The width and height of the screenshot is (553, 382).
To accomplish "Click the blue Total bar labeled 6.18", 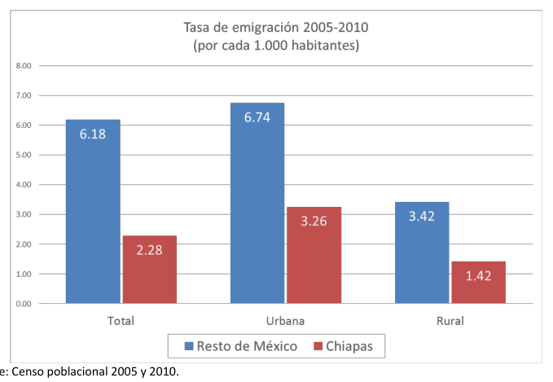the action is click(93, 211).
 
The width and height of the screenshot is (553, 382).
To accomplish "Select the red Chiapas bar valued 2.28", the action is click(150, 270).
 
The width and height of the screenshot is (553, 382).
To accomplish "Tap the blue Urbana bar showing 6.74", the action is click(257, 203).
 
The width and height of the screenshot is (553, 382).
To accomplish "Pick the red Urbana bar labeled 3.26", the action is click(314, 255).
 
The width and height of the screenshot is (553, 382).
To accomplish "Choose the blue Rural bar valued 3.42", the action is click(422, 252).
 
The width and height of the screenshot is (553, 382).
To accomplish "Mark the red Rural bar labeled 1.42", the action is click(479, 282).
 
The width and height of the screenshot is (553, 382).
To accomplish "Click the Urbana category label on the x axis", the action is click(285, 321).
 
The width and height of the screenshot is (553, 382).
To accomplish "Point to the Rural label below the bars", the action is click(450, 321).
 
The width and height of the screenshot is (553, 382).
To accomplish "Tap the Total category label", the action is click(121, 321).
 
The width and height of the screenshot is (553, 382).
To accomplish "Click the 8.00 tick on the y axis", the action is click(24, 66).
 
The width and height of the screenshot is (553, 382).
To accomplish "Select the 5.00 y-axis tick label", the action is click(24, 155).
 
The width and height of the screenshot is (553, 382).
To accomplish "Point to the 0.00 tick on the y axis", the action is click(24, 304).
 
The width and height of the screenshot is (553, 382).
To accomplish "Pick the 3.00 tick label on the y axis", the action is click(24, 214).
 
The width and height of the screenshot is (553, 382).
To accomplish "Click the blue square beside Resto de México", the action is click(189, 346).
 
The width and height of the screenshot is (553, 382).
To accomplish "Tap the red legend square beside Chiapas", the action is click(318, 346).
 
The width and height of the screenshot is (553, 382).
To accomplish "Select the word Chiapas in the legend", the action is click(349, 346).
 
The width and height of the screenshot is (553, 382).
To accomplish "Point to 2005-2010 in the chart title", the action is click(336, 27).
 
